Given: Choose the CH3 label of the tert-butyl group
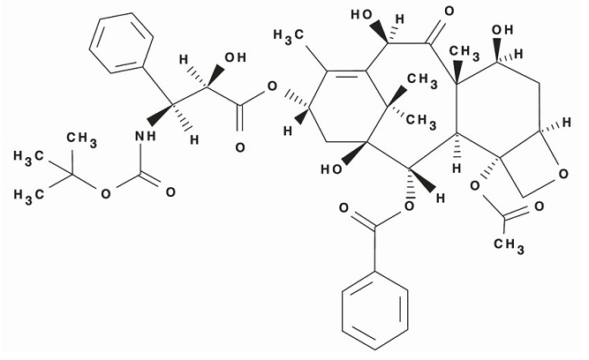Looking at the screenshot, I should tap(81, 139).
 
